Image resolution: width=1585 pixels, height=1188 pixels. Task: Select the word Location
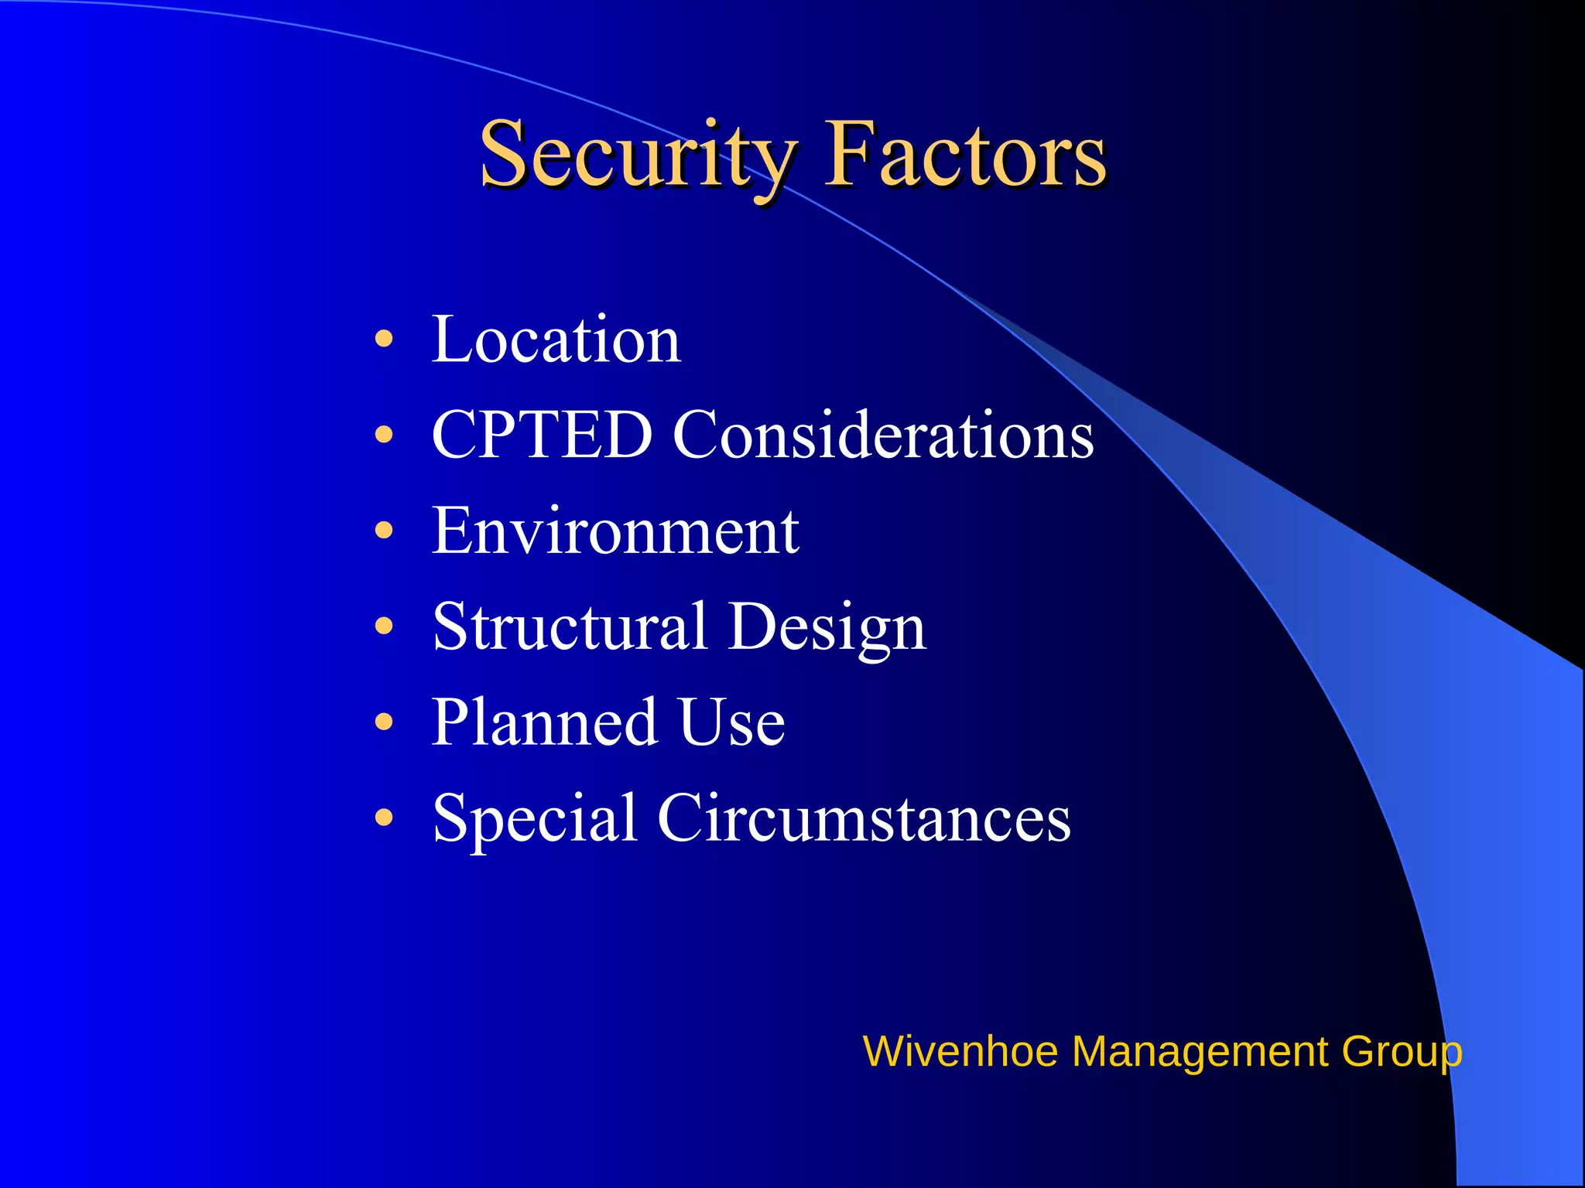click(x=556, y=340)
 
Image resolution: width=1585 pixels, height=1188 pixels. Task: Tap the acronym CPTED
click(x=542, y=435)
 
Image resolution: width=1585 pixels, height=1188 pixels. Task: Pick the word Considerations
click(x=883, y=435)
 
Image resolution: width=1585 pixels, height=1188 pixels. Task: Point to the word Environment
click(x=615, y=531)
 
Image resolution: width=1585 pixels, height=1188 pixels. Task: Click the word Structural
click(x=570, y=626)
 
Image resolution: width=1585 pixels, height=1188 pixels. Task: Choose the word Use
click(x=731, y=722)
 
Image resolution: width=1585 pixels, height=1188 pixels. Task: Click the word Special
click(x=534, y=818)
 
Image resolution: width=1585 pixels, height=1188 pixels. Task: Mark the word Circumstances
click(x=864, y=818)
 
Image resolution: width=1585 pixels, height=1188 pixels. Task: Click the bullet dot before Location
click(x=384, y=339)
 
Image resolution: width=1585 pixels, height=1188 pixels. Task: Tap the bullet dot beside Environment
click(x=384, y=531)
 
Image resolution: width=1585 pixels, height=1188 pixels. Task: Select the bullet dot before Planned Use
click(x=384, y=722)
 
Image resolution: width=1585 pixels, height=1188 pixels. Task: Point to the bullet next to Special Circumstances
click(x=384, y=818)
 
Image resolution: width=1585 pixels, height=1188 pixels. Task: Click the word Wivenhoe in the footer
click(x=960, y=1052)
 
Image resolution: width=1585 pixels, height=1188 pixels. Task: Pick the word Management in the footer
click(x=1200, y=1052)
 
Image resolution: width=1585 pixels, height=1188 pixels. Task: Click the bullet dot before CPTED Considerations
click(x=384, y=435)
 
